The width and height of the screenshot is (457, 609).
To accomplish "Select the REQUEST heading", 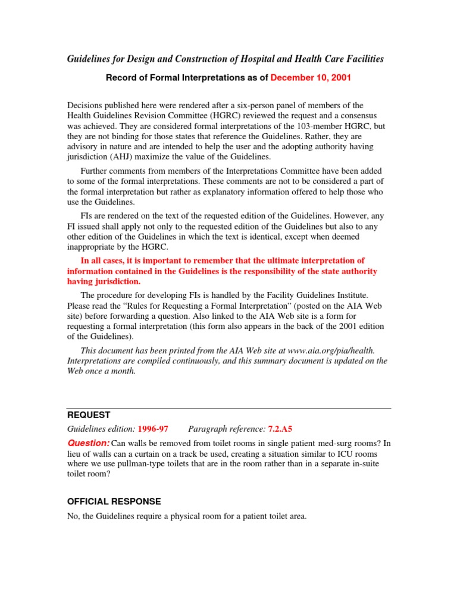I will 88,415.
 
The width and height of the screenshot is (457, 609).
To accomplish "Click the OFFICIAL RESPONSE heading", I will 114,501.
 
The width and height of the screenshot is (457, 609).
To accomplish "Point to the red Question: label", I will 89,443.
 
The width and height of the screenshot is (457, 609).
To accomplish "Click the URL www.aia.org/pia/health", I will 331,350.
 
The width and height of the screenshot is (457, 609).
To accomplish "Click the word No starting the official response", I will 73,517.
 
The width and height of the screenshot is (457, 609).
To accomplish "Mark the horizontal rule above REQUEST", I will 228,409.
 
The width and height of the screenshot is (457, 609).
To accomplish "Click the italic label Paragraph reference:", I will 221,429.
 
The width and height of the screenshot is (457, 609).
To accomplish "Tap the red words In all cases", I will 104,260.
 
